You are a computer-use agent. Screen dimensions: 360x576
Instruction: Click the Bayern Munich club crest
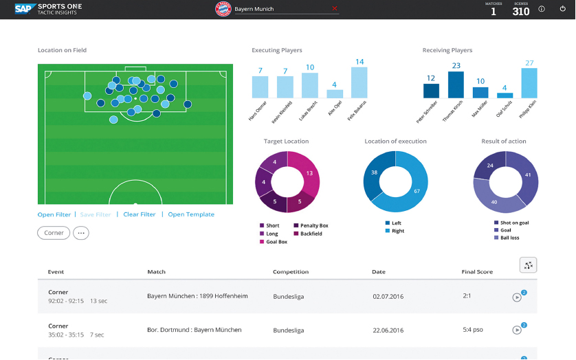pos(223,9)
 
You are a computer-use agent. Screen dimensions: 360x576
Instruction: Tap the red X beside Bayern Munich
pos(335,9)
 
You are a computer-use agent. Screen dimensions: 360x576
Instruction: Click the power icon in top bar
pos(562,9)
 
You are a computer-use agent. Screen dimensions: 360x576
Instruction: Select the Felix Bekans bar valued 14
pos(359,82)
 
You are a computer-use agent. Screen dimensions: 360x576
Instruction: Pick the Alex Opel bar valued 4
pos(335,93)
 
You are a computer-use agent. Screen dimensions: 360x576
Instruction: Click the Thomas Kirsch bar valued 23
pos(456,84)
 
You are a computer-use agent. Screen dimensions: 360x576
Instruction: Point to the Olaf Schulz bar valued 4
pos(505,95)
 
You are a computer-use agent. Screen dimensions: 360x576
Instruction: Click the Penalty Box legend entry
pos(313,225)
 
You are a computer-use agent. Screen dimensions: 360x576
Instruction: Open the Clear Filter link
pos(140,214)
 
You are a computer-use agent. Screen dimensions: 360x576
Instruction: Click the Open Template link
pos(191,214)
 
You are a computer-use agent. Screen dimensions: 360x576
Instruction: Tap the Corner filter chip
pos(54,233)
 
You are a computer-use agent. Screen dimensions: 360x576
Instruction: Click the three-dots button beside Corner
pos(81,233)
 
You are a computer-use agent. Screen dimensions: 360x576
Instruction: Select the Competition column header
pos(290,272)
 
